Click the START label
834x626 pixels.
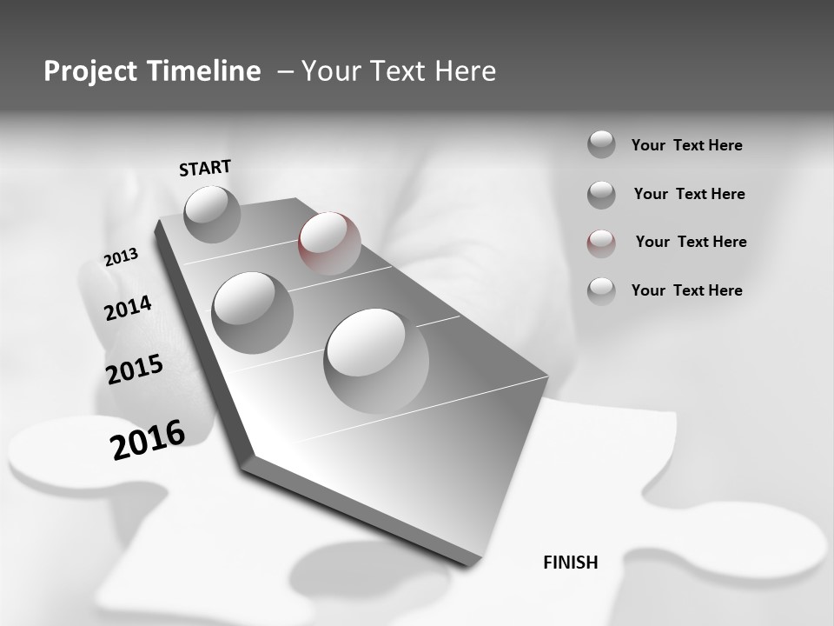[205, 168]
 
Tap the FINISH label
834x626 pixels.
[571, 563]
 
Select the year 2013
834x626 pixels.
[121, 257]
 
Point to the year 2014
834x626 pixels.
[128, 308]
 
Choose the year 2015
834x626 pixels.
[135, 370]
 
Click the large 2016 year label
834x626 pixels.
[148, 439]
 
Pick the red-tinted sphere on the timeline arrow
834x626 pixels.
[329, 243]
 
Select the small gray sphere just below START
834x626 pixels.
[213, 214]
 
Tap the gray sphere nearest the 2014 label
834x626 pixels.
[253, 312]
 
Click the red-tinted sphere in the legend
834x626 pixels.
[601, 243]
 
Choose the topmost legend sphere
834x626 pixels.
[601, 144]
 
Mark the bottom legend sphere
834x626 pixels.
[601, 290]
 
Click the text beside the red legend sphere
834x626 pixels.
[691, 242]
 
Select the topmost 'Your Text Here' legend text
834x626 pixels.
[686, 145]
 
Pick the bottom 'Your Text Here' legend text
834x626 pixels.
[686, 290]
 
